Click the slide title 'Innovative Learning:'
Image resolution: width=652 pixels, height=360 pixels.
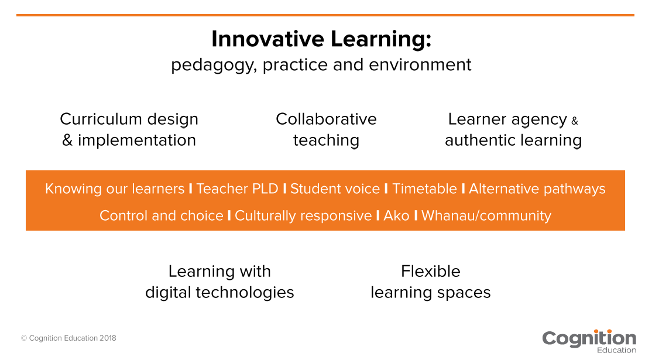click(x=321, y=39)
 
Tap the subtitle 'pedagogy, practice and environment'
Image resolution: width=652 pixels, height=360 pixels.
click(x=321, y=64)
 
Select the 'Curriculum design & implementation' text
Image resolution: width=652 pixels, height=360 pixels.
click(x=129, y=129)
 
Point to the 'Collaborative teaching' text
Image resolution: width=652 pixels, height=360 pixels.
click(x=326, y=129)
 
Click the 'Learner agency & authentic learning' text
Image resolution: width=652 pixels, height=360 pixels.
click(x=513, y=129)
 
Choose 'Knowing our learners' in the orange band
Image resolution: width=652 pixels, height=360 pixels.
click(x=115, y=189)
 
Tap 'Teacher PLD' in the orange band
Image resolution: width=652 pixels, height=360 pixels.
click(x=238, y=189)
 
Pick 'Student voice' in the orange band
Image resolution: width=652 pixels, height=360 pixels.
click(x=335, y=189)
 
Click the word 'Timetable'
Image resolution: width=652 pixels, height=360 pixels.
click(x=424, y=189)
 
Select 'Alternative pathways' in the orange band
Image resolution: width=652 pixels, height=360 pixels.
click(x=537, y=189)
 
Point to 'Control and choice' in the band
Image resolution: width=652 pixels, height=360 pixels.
click(x=161, y=215)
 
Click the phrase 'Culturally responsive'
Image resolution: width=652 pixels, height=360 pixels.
click(x=303, y=215)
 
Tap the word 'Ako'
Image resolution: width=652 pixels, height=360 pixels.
click(x=396, y=215)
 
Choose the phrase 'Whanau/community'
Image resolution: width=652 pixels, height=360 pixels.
click(x=486, y=215)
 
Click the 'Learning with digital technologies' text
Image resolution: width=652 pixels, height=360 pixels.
click(x=219, y=282)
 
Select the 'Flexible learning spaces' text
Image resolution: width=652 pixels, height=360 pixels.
click(x=431, y=282)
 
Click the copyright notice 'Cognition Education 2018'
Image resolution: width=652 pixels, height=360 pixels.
click(x=69, y=338)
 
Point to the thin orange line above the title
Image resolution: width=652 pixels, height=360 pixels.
click(x=325, y=15)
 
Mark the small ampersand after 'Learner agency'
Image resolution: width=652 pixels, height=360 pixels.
click(x=574, y=121)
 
